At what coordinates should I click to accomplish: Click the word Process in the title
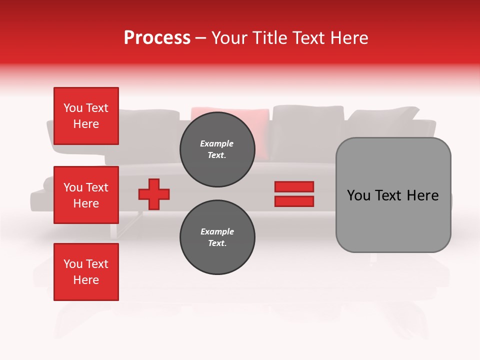click(157, 38)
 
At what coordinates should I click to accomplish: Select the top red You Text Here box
click(86, 116)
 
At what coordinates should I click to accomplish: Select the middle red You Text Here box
click(86, 195)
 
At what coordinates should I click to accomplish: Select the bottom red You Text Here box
click(86, 272)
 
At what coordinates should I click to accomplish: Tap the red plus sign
click(154, 194)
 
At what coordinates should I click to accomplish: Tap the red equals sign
click(294, 194)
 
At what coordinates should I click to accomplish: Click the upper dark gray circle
click(217, 149)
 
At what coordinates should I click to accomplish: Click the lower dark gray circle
click(217, 237)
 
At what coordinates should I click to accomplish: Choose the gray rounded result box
click(393, 195)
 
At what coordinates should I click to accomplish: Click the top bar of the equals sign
click(294, 186)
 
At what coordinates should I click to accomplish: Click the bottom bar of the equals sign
click(294, 201)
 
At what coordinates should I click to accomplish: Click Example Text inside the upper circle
click(217, 149)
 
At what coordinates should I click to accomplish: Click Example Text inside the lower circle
click(217, 237)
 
